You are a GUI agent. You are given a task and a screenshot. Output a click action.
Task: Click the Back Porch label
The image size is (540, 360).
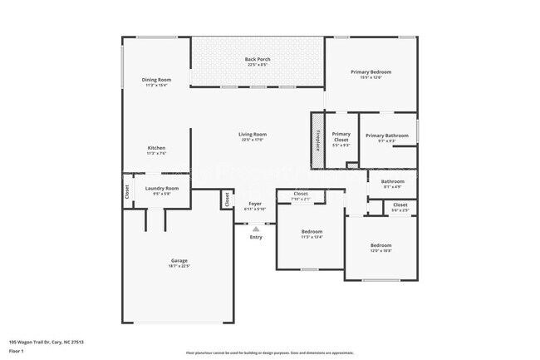(x=257, y=59)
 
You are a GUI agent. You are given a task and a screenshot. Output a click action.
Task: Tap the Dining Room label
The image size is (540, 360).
(x=157, y=79)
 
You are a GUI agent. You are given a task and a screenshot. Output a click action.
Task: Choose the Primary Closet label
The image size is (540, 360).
(x=341, y=136)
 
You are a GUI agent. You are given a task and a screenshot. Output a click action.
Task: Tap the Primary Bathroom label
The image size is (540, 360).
(x=386, y=136)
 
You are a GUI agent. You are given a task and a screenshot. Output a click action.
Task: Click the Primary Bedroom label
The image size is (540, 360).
(x=371, y=72)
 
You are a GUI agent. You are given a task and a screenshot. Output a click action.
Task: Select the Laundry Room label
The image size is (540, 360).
(x=162, y=188)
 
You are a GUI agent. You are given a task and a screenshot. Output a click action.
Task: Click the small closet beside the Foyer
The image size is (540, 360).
(x=226, y=199)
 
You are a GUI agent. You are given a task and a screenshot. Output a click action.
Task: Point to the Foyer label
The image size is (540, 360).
(x=254, y=203)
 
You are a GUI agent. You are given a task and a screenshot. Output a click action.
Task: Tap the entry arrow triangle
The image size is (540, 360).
(x=256, y=227)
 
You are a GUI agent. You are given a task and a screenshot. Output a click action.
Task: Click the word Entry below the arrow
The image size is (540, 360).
(x=256, y=237)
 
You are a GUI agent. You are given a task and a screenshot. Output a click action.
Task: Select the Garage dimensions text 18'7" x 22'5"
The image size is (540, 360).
(x=179, y=266)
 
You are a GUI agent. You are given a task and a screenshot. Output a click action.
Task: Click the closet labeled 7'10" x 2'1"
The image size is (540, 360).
(x=300, y=196)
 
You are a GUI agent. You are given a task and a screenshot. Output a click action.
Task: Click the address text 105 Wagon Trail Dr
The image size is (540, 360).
(x=47, y=341)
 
